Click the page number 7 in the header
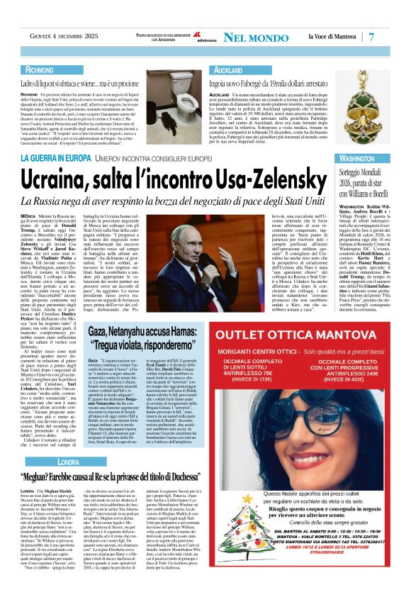click(x=391, y=36)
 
